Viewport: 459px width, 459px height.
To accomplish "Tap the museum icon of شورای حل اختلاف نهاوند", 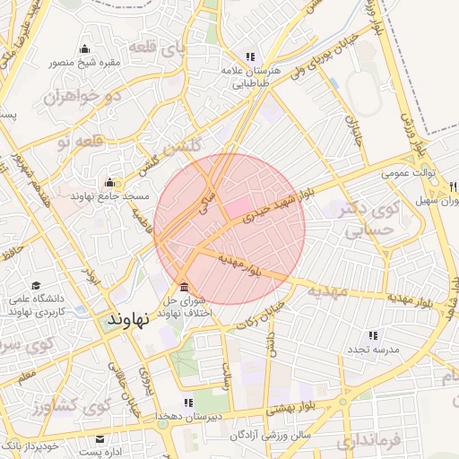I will pos(184,288).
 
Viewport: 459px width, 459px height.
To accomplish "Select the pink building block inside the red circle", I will pos(238,208).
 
